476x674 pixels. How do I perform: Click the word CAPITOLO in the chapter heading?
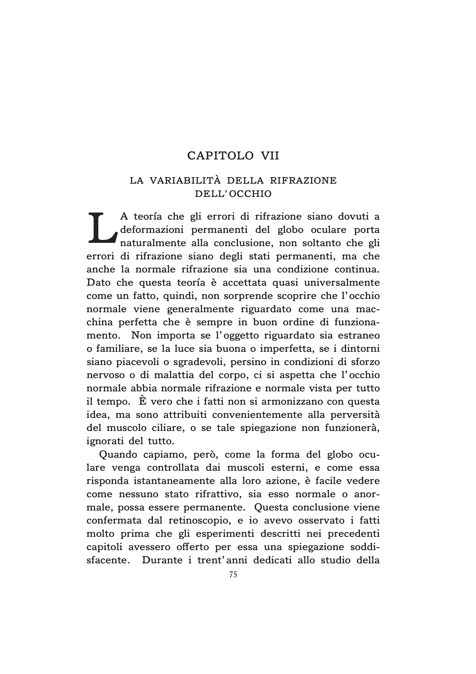pyautogui.click(x=220, y=156)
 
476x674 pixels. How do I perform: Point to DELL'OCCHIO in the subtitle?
pyautogui.click(x=233, y=194)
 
